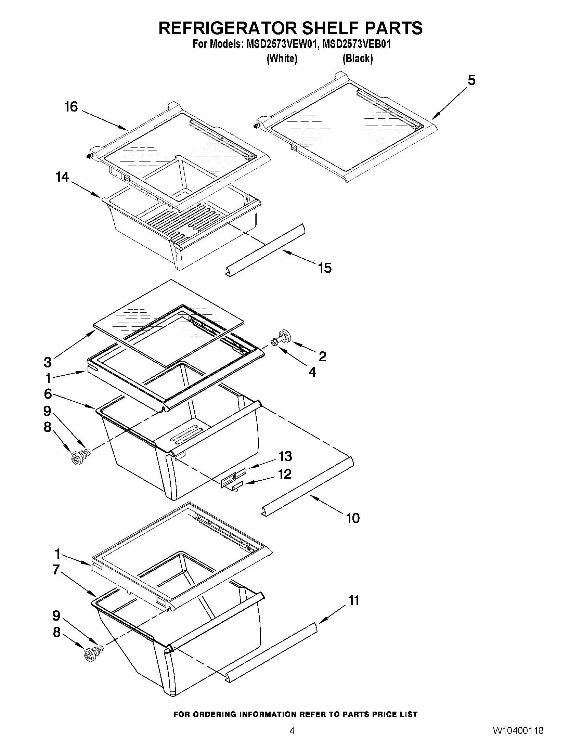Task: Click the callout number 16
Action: coord(71,107)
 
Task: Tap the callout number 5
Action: coord(471,80)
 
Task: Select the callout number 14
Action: coord(62,177)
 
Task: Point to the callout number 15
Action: coord(325,268)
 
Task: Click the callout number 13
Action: coord(285,456)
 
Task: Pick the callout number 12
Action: coord(285,474)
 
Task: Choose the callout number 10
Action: coord(353,518)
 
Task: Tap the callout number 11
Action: coord(354,600)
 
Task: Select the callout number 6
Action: coord(48,394)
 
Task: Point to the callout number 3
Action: coord(48,362)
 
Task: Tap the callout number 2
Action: coord(322,356)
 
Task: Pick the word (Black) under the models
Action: coord(358,59)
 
